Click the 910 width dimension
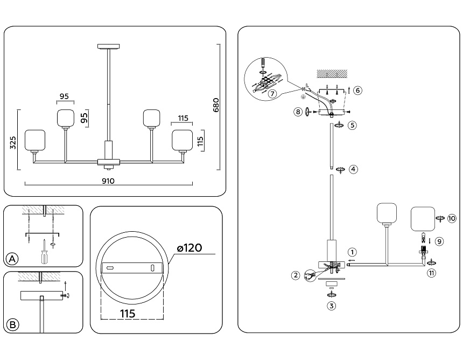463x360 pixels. coord(108,182)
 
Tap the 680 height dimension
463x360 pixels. coord(216,104)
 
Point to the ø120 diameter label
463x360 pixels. coord(189,248)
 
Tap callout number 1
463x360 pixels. coord(352,252)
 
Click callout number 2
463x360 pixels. coord(296,275)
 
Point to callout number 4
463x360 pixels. coord(353,169)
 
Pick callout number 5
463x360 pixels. coord(352,125)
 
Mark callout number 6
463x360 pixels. coord(358,90)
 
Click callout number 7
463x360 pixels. coord(272,93)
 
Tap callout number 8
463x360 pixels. coord(297,112)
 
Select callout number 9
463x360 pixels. coord(440,241)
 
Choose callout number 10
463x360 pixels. coord(452,218)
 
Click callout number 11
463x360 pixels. coord(432,273)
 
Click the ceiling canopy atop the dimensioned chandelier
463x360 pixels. coord(109,46)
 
